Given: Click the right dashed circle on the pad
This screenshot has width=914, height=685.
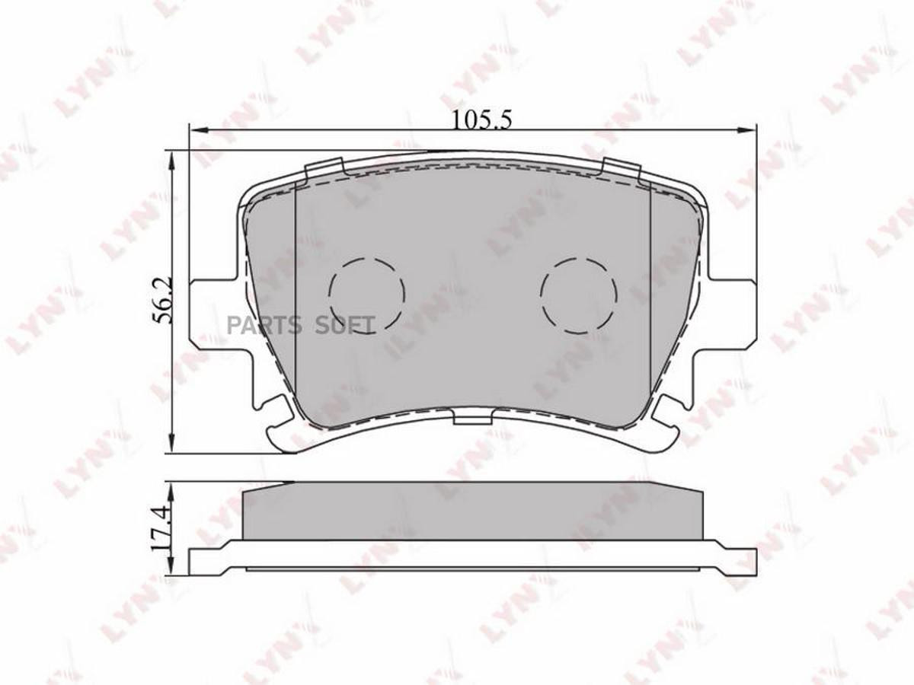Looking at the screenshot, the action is click(x=579, y=295).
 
